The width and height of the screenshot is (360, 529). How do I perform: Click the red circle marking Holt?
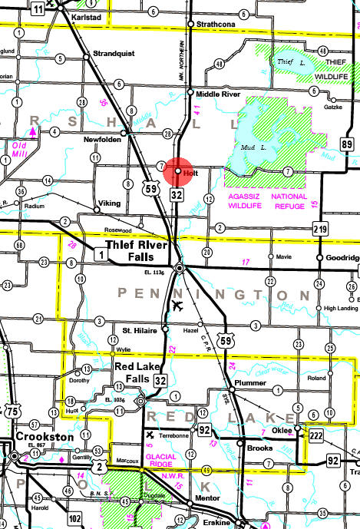pyautogui.click(x=177, y=171)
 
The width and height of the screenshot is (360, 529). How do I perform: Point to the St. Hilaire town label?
pyautogui.click(x=139, y=330)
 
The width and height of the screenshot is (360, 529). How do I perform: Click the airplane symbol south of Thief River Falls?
pyautogui.click(x=179, y=306)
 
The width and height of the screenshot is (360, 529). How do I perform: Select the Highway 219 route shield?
pyautogui.click(x=320, y=228)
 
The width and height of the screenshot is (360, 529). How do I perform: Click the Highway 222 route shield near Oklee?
pyautogui.click(x=316, y=435)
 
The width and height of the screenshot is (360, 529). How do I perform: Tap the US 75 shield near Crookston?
pyautogui.click(x=12, y=412)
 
